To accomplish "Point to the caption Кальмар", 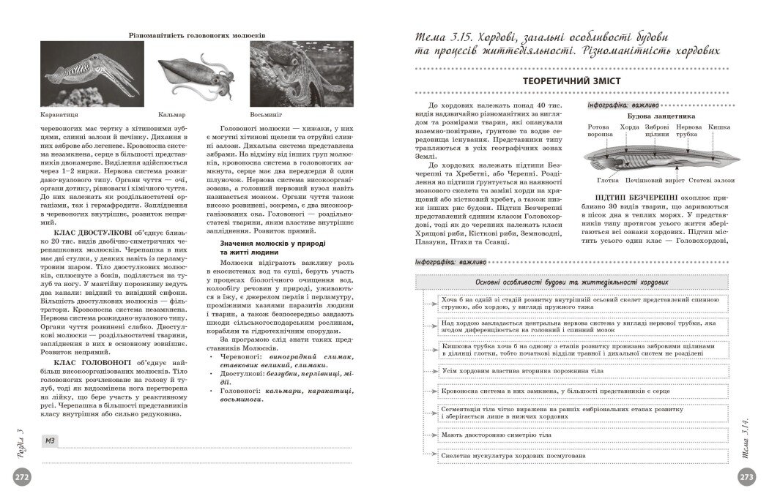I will [171, 115].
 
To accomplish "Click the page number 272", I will [21, 477].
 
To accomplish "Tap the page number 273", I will [748, 477].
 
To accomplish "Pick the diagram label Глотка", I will [608, 179].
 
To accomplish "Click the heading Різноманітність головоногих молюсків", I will [196, 34].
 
